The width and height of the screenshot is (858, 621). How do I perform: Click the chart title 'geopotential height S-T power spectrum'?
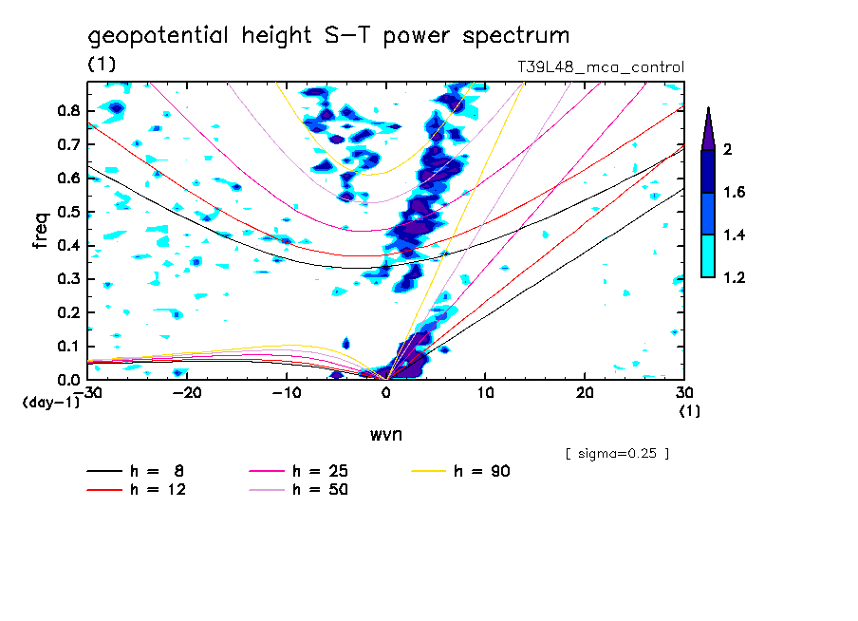point(328,36)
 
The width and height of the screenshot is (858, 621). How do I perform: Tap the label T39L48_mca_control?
point(597,67)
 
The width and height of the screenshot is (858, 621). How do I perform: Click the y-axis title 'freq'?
point(40,230)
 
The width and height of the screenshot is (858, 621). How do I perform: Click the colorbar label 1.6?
point(735,193)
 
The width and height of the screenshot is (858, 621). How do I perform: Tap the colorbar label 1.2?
point(735,278)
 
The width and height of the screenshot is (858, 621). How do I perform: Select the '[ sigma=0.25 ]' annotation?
point(617,453)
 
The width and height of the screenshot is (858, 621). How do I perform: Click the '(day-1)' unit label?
point(50,403)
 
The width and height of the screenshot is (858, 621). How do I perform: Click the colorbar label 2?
point(728,150)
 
